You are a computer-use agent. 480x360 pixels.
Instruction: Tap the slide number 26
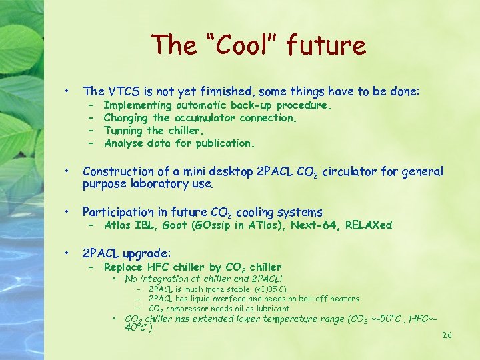point(447,335)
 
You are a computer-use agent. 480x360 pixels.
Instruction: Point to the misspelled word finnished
point(227,92)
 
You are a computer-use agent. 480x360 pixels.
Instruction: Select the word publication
point(223,143)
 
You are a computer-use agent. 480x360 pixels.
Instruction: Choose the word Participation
point(117,213)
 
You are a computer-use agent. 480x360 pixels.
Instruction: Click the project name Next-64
point(313,225)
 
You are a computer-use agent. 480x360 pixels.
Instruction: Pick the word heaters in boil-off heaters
point(343,299)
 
